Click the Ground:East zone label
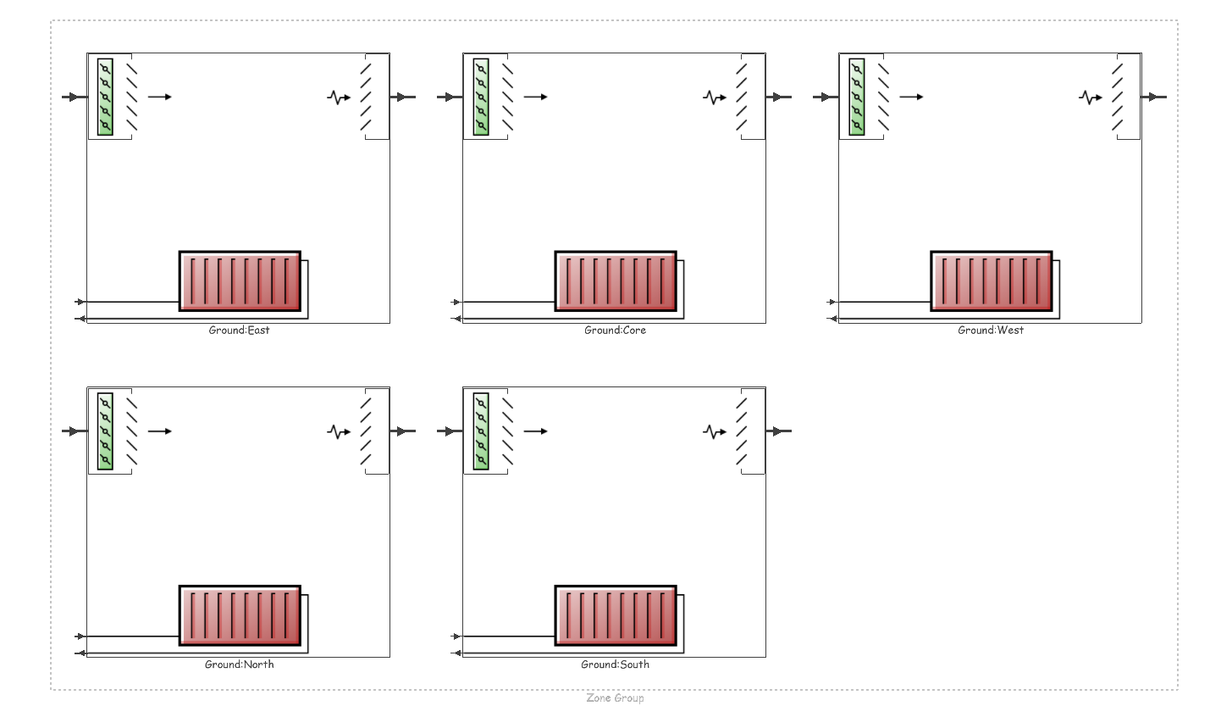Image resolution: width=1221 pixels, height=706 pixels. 239,330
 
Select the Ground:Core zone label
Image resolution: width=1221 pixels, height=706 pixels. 615,330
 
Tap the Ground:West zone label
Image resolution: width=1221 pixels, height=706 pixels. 991,330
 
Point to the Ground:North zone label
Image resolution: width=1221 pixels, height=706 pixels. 239,664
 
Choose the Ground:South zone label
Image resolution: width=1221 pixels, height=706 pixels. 615,664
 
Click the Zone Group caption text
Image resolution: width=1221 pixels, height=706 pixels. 615,698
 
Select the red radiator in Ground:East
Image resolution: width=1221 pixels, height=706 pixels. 240,281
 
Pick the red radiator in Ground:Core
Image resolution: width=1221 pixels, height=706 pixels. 616,281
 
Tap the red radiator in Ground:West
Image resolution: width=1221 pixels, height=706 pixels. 992,281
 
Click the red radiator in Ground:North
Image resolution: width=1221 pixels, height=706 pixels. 240,615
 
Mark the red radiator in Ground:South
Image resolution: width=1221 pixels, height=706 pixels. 616,615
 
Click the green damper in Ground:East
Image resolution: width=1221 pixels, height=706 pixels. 105,97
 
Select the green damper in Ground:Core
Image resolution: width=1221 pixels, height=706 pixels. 481,97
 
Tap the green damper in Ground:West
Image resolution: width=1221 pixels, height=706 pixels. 857,97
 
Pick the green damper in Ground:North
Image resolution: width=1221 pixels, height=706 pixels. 105,431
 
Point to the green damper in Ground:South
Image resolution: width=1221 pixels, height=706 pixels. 481,431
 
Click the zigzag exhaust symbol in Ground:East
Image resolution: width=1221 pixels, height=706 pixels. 338,97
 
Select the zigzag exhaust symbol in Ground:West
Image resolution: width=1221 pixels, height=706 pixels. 1090,97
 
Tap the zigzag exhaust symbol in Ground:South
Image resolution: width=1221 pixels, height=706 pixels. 714,432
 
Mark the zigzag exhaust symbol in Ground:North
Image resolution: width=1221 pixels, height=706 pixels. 338,432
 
